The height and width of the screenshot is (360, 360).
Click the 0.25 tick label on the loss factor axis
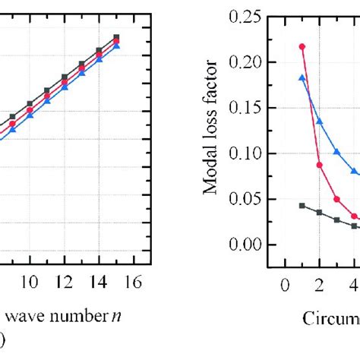click(x=245, y=16)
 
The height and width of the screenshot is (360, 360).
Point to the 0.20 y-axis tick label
click(x=245, y=62)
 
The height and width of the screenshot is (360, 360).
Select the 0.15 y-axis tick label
click(x=245, y=107)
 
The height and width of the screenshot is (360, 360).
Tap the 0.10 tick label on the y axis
click(x=245, y=153)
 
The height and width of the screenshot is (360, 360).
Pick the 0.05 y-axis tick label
click(x=245, y=199)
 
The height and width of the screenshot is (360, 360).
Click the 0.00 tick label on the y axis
click(x=245, y=245)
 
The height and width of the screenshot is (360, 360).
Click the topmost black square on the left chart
click(x=116, y=36)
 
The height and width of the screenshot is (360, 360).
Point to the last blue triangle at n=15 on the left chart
click(x=116, y=46)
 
